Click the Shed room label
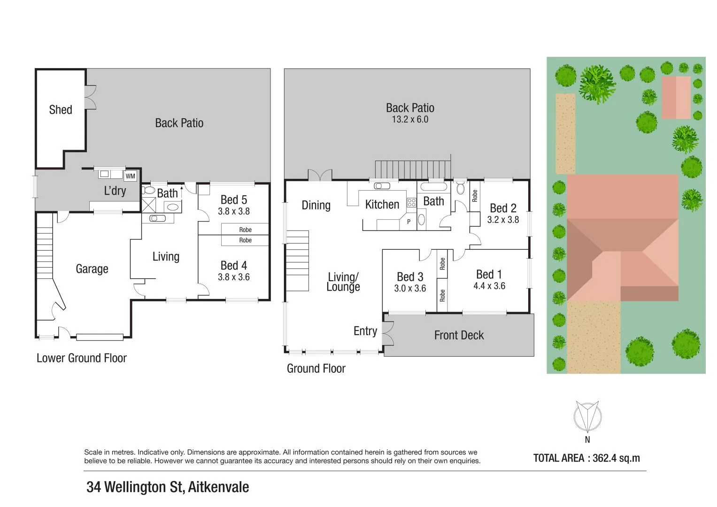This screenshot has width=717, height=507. click(61, 110)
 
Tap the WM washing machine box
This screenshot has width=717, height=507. click(130, 176)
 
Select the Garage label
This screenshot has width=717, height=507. click(92, 269)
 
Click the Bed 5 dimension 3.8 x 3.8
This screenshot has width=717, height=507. click(234, 211)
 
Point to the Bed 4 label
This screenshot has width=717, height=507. click(234, 266)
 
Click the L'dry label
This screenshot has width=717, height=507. click(115, 191)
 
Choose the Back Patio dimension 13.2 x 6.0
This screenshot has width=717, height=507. click(410, 119)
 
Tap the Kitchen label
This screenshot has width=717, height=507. click(382, 204)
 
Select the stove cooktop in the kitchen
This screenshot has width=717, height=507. click(411, 203)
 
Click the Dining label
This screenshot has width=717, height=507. click(316, 205)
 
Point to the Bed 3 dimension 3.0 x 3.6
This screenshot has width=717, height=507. click(410, 288)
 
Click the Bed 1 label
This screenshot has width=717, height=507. click(489, 274)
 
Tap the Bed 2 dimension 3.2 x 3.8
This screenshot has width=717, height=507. click(503, 219)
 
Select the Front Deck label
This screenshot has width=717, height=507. click(459, 335)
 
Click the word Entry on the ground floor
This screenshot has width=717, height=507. click(365, 331)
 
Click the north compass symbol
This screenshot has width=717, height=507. click(587, 416)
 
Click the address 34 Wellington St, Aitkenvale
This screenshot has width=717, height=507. click(168, 487)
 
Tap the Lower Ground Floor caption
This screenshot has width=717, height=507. click(82, 358)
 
